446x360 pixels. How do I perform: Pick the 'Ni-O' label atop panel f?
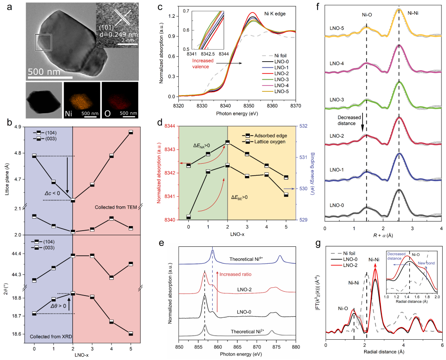[x=367, y=13]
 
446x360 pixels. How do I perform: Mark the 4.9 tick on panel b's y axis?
[x=18, y=126]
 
